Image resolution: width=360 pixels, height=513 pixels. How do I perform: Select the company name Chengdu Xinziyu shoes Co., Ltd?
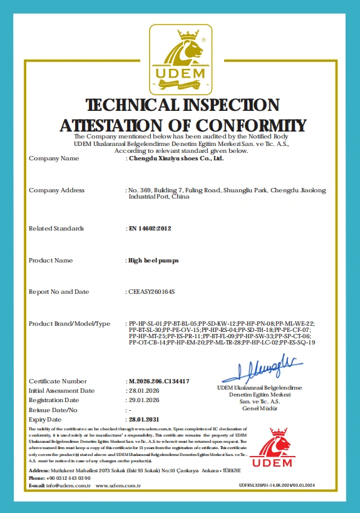(x=175, y=158)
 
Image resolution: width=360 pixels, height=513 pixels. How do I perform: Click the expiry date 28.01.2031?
(x=143, y=418)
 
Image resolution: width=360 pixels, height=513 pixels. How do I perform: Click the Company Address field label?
(x=56, y=190)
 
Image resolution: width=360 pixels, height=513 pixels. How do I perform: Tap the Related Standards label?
(x=56, y=229)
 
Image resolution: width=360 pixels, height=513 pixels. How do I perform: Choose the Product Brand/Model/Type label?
(x=69, y=323)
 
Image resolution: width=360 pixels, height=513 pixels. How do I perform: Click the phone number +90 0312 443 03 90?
(x=69, y=478)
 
